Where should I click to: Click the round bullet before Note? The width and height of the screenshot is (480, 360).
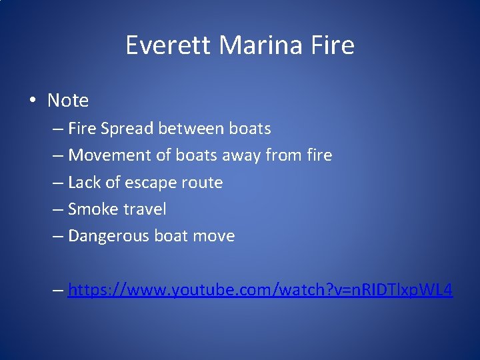pos(32,101)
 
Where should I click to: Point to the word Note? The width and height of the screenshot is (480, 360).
pos(68,101)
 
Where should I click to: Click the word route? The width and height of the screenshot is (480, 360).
pos(202,182)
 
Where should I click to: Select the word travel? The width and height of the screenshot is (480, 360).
pos(145,209)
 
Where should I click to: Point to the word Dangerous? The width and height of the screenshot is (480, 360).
pos(109,236)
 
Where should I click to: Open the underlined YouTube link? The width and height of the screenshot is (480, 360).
pos(260,290)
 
